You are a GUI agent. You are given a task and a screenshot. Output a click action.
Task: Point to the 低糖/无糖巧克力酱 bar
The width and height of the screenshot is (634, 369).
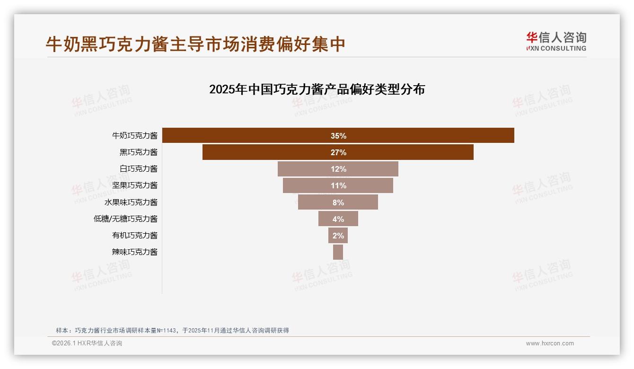pos(326,219)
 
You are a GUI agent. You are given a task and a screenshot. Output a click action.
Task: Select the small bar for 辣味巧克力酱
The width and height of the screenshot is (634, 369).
pos(338,252)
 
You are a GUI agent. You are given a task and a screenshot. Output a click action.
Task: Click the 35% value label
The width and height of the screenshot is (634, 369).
pos(338,136)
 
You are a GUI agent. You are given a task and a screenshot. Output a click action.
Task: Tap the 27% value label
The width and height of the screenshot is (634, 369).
pos(338,152)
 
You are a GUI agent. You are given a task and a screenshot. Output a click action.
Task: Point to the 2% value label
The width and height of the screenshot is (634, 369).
pos(338,236)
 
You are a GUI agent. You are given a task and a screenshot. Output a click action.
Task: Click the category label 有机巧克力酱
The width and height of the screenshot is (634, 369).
pos(135,235)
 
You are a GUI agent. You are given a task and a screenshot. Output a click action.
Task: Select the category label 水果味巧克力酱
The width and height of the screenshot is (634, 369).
pos(131,202)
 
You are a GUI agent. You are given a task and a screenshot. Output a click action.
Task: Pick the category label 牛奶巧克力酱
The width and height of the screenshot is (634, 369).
pos(135,135)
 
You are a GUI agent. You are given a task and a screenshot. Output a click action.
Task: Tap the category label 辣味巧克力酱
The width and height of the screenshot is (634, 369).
pos(135,252)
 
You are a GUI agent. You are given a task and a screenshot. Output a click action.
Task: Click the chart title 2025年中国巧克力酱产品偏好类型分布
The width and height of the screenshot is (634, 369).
pos(317,89)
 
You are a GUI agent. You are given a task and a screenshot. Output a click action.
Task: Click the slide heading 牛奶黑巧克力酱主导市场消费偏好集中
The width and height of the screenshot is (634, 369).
pos(195,44)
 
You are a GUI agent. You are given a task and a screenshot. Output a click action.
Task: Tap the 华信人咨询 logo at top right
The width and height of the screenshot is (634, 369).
pos(556,41)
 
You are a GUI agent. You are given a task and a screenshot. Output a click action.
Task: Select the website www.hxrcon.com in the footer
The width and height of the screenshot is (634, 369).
pos(550,343)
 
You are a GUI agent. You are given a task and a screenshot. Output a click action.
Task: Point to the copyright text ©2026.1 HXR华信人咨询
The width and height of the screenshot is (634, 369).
pos(87,343)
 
